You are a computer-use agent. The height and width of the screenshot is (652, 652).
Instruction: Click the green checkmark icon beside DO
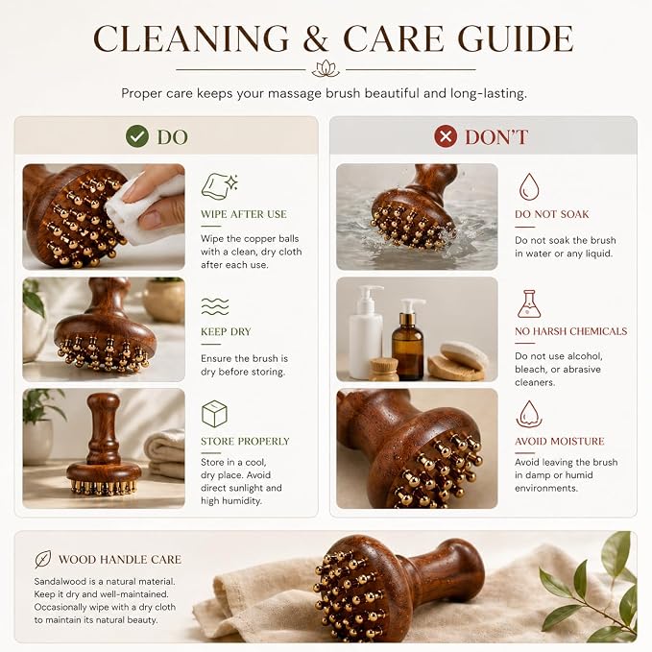pyautogui.click(x=137, y=136)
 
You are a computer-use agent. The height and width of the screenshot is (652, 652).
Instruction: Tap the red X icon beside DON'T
pyautogui.click(x=446, y=136)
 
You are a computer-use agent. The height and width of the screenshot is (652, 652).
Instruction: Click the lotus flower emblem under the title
pyautogui.click(x=326, y=68)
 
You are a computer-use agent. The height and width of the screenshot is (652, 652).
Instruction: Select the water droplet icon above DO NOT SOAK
pyautogui.click(x=529, y=186)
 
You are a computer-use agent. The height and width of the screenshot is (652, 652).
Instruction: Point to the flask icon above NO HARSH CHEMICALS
pyautogui.click(x=528, y=304)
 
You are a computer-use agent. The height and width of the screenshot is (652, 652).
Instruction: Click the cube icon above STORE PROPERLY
pyautogui.click(x=214, y=414)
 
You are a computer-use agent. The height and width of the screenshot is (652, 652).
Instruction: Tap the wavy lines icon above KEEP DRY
pyautogui.click(x=215, y=306)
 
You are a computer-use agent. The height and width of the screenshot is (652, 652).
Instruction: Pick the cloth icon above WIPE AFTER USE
pyautogui.click(x=219, y=186)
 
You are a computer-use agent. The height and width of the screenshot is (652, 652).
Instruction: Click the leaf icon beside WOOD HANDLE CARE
pyautogui.click(x=43, y=559)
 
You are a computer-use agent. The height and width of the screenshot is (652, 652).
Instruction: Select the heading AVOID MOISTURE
pyautogui.click(x=559, y=441)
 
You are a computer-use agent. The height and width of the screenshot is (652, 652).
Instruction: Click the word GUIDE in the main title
pyautogui.click(x=516, y=38)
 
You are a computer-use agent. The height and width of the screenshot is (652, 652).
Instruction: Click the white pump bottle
pyautogui.click(x=366, y=332)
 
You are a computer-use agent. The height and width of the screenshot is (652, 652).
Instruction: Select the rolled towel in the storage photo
pyautogui.click(x=165, y=453)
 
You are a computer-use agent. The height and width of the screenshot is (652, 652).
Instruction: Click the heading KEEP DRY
pyautogui.click(x=226, y=332)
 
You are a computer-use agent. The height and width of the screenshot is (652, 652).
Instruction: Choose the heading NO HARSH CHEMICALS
pyautogui.click(x=571, y=331)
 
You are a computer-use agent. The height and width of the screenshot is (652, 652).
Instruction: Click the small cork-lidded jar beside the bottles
pyautogui.click(x=384, y=369)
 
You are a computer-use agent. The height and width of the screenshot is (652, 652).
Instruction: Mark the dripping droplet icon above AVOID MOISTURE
pyautogui.click(x=529, y=414)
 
